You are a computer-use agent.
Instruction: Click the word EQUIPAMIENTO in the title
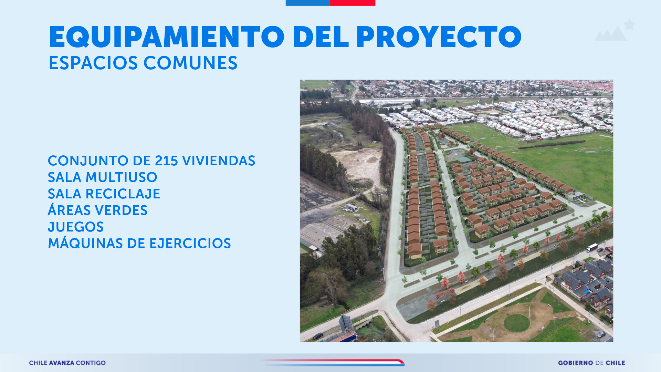click(167, 37)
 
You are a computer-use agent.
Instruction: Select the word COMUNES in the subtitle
click(190, 63)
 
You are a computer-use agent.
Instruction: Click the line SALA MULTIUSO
click(103, 177)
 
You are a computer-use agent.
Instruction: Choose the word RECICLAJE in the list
click(123, 194)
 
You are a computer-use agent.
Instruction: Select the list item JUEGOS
click(76, 227)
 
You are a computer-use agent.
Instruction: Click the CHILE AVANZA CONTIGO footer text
click(67, 363)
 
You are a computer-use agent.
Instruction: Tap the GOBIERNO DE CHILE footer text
click(591, 363)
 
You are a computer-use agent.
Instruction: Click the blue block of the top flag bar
click(307, 3)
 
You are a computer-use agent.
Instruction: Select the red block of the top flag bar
click(352, 3)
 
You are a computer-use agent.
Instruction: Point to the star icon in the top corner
click(630, 24)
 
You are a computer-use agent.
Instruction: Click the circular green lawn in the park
click(517, 323)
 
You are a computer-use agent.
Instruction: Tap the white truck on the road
click(592, 247)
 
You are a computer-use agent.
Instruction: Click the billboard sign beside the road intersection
click(346, 323)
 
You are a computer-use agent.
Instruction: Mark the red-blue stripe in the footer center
click(333, 362)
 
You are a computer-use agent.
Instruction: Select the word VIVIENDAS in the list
click(219, 161)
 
